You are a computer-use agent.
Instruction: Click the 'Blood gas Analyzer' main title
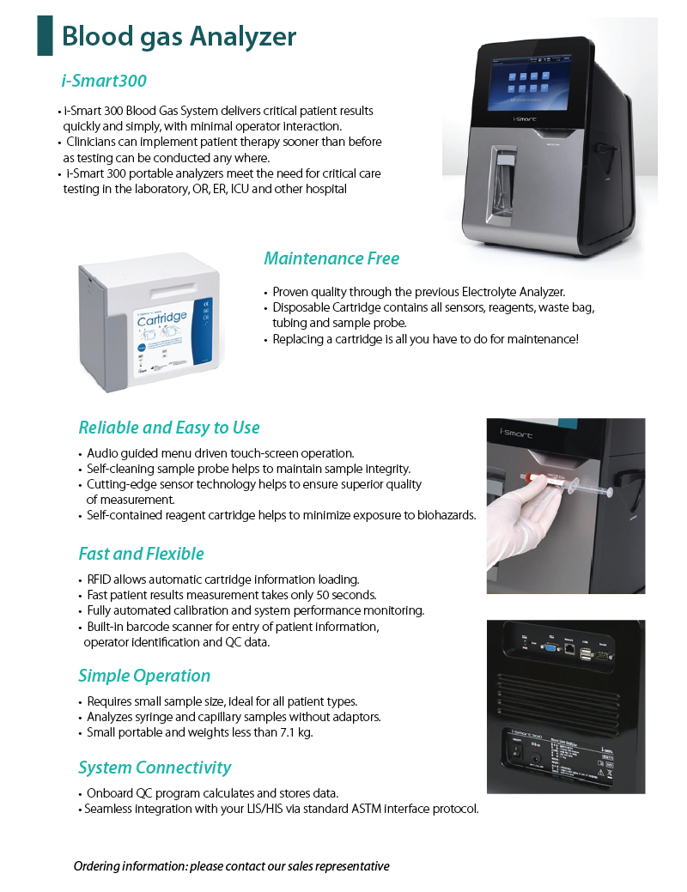point(179,36)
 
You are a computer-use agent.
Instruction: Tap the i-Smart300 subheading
point(104,81)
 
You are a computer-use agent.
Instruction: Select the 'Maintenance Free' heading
point(331,258)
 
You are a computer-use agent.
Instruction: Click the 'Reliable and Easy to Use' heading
point(169,428)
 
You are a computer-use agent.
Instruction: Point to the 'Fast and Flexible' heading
point(141,554)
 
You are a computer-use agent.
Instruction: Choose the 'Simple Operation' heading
point(144,676)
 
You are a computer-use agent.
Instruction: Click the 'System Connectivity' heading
point(155,768)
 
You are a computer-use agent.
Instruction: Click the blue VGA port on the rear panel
point(548,650)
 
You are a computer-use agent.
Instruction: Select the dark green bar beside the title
point(45,35)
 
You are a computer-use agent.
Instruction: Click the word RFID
point(101,579)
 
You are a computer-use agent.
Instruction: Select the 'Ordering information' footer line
point(231,865)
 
